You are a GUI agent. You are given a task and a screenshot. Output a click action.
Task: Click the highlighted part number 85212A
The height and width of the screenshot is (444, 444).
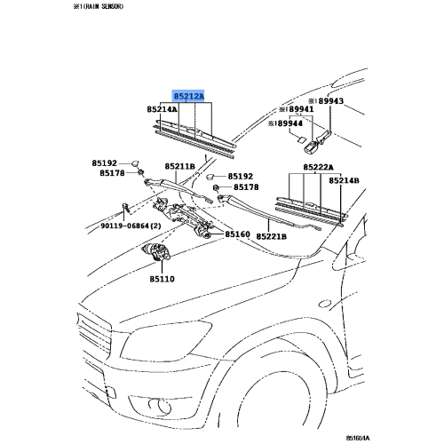click(x=189, y=97)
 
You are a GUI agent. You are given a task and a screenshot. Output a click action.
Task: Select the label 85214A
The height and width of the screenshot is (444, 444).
click(x=163, y=109)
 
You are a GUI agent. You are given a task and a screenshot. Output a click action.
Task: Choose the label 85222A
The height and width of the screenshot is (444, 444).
click(x=318, y=168)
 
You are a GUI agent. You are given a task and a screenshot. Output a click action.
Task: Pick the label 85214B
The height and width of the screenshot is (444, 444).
click(x=344, y=180)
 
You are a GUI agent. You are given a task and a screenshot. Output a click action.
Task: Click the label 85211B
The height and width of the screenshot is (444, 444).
click(x=180, y=167)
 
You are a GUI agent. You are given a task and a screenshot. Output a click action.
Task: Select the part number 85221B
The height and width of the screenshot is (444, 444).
click(x=272, y=237)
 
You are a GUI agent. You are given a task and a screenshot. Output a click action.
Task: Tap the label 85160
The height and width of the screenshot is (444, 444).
click(x=238, y=234)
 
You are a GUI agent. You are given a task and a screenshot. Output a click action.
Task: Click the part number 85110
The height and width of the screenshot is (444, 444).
click(x=162, y=279)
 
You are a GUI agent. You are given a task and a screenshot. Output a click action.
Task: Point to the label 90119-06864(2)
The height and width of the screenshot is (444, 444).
click(x=131, y=226)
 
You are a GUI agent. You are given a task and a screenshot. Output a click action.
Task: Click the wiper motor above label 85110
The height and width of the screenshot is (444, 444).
click(x=156, y=252)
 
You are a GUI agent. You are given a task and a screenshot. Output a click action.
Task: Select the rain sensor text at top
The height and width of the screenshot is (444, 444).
click(x=99, y=6)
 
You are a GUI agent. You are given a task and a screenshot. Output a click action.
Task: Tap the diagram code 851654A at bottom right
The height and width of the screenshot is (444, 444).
click(x=358, y=438)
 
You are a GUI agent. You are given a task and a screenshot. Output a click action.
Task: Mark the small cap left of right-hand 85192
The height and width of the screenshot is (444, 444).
click(x=210, y=177)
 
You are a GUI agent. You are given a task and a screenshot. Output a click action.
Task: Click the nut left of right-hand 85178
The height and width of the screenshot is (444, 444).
click(x=216, y=187)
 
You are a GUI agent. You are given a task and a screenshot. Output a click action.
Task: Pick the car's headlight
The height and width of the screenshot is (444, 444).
click(x=166, y=340)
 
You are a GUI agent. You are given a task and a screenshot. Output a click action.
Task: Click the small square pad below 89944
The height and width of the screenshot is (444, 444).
click(x=301, y=140)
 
